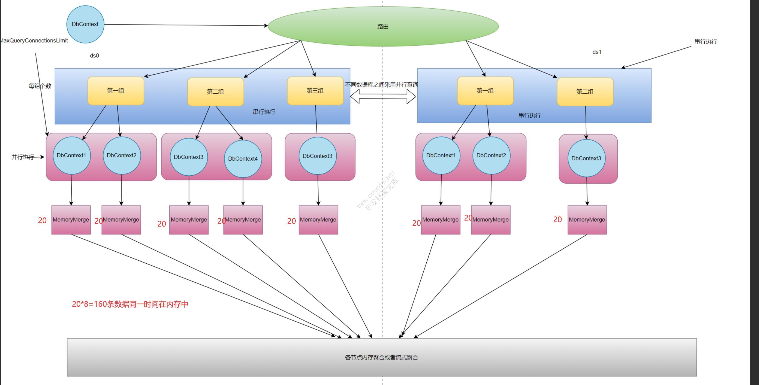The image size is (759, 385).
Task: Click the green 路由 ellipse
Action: click(383, 26)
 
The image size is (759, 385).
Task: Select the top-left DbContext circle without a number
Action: click(85, 24)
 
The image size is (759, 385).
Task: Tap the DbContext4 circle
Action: click(243, 159)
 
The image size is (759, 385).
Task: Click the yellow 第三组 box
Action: click(315, 91)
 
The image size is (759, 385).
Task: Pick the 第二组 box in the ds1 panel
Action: click(585, 92)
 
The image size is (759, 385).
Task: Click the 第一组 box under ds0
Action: click(116, 91)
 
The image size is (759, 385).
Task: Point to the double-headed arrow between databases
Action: click(383, 96)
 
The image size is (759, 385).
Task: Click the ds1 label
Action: click(597, 52)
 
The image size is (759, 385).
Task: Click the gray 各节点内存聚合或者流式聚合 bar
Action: click(381, 357)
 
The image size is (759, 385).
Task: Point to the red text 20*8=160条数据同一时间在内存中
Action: click(130, 304)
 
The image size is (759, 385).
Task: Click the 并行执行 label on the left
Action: click(22, 157)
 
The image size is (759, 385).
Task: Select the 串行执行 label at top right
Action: click(706, 41)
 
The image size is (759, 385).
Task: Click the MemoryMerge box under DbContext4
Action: click(243, 220)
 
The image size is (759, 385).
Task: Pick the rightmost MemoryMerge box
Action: click(587, 220)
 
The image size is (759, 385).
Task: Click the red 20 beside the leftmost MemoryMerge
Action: click(42, 221)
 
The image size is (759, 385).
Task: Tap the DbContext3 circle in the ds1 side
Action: click(586, 158)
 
